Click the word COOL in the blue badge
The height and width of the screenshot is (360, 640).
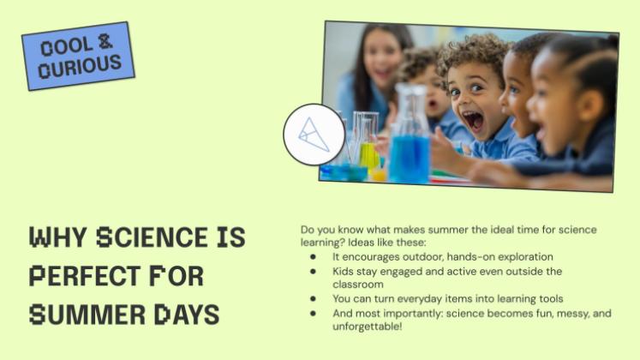pyautogui.click(x=67, y=46)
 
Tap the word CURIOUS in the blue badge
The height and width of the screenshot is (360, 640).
pyautogui.click(x=80, y=66)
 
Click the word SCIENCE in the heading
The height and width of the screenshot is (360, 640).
pyautogui.click(x=153, y=237)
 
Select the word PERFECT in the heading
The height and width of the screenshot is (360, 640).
pyautogui.click(x=85, y=275)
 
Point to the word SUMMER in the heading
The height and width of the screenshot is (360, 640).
pyautogui.click(x=87, y=315)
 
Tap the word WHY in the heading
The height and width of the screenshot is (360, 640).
pyautogui.click(x=58, y=237)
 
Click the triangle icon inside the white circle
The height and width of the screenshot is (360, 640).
pyautogui.click(x=314, y=135)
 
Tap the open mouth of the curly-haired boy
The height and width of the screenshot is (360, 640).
pyautogui.click(x=475, y=121)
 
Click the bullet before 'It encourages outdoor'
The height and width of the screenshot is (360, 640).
pyautogui.click(x=313, y=257)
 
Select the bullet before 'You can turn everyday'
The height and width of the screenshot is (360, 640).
pyautogui.click(x=313, y=299)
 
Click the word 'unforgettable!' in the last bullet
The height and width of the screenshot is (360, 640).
pyautogui.click(x=368, y=327)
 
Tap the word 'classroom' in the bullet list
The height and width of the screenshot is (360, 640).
pyautogui.click(x=358, y=284)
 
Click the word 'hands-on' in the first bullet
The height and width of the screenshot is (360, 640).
pyautogui.click(x=470, y=257)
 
